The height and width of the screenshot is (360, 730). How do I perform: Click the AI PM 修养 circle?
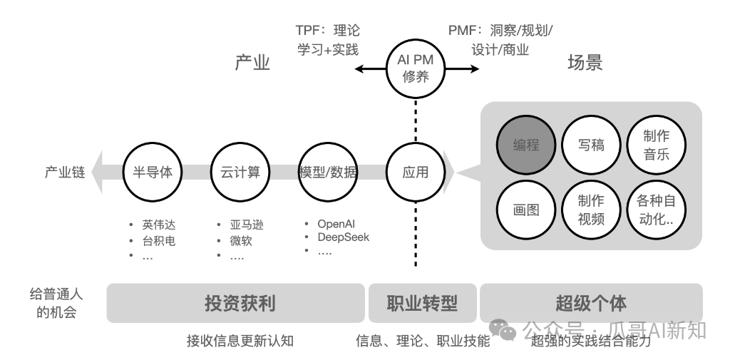click(416, 68)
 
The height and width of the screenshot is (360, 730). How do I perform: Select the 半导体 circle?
click(152, 172)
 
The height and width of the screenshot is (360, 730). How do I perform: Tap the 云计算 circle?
click(240, 172)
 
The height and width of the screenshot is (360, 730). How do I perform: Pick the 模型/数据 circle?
click(328, 172)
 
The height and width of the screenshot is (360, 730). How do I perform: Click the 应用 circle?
click(416, 172)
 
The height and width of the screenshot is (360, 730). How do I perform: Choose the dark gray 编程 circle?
click(526, 145)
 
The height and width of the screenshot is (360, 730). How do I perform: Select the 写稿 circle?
click(591, 145)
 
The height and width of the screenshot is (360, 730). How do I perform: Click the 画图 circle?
click(526, 210)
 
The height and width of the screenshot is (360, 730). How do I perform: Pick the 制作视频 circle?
click(591, 210)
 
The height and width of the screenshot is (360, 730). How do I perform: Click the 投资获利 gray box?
click(235, 303)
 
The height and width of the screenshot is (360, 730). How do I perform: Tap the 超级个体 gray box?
click(591, 303)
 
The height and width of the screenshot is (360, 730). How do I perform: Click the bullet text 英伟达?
click(158, 225)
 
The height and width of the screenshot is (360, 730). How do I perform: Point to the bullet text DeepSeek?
click(344, 237)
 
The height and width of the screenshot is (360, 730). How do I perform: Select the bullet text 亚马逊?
click(247, 225)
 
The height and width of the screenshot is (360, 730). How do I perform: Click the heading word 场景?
click(585, 63)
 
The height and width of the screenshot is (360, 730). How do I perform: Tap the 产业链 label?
click(65, 173)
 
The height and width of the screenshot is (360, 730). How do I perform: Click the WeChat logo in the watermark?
click(507, 329)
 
